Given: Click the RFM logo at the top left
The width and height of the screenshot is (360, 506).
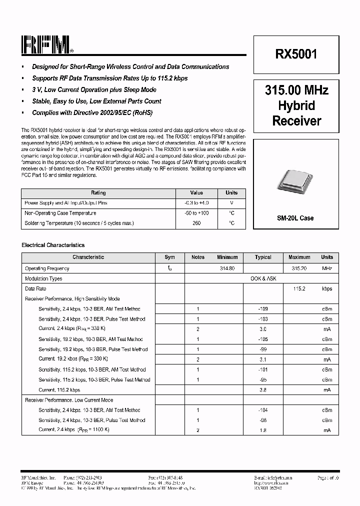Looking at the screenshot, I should coord(47,45).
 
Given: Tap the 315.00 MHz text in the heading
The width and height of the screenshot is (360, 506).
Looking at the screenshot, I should coord(296,90).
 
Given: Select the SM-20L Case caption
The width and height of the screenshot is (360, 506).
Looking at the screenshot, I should coord(295,218).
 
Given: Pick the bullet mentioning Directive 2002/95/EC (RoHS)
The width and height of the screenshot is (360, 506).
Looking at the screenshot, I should coord(92,113).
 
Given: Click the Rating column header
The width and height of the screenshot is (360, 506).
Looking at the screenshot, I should coord(98,193).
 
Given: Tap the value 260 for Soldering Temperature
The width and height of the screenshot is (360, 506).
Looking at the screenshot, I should coord(196,223).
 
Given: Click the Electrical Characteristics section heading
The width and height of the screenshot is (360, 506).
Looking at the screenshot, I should coord(53,245).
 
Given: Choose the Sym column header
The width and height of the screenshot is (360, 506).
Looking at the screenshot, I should coord(170,257).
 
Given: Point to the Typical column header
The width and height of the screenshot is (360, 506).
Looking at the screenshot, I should coord(263,257).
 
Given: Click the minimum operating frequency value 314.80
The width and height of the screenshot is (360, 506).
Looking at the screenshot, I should coord(227,268).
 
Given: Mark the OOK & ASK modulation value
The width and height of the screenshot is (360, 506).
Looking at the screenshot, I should coord(263,278).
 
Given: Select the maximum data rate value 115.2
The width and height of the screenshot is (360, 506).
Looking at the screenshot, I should coord(299,289).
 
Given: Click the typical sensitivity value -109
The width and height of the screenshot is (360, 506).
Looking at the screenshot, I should coord(263,309).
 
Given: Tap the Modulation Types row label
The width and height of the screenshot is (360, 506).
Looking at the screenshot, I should coord(43,278).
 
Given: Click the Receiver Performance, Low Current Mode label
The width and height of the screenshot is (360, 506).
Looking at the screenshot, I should coord(69,400).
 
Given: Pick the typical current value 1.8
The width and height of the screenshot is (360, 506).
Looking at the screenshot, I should coord(263,430).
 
